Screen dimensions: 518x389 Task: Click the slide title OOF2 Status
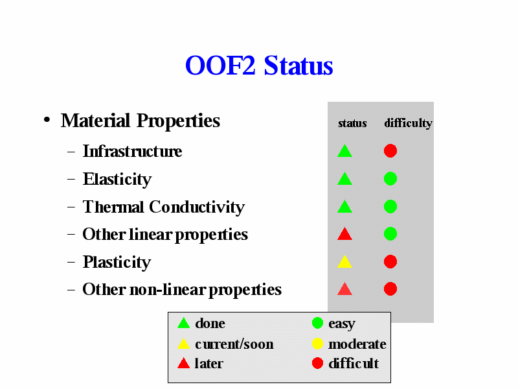259,65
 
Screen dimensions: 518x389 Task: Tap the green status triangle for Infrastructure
344,152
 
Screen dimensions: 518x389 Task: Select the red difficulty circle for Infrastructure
390,151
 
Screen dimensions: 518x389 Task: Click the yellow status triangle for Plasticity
344,262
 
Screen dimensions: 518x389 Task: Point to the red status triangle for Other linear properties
344,234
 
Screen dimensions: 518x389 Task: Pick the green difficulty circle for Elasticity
390,179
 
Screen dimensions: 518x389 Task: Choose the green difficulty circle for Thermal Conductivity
390,206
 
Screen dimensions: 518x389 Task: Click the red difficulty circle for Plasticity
390,262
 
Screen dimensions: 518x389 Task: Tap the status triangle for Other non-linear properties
344,289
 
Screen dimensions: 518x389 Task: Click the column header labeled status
352,123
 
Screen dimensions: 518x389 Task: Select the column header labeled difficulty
408,123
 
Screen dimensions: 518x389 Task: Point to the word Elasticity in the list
117,180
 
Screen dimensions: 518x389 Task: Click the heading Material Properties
141,121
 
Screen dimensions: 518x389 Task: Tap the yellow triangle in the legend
183,344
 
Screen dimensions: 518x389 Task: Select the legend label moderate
357,344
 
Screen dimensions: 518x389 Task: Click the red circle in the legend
317,363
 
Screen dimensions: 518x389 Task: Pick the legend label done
210,323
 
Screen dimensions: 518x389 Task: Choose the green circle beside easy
317,323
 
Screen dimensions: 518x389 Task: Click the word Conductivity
197,207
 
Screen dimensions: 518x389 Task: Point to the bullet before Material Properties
47,120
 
